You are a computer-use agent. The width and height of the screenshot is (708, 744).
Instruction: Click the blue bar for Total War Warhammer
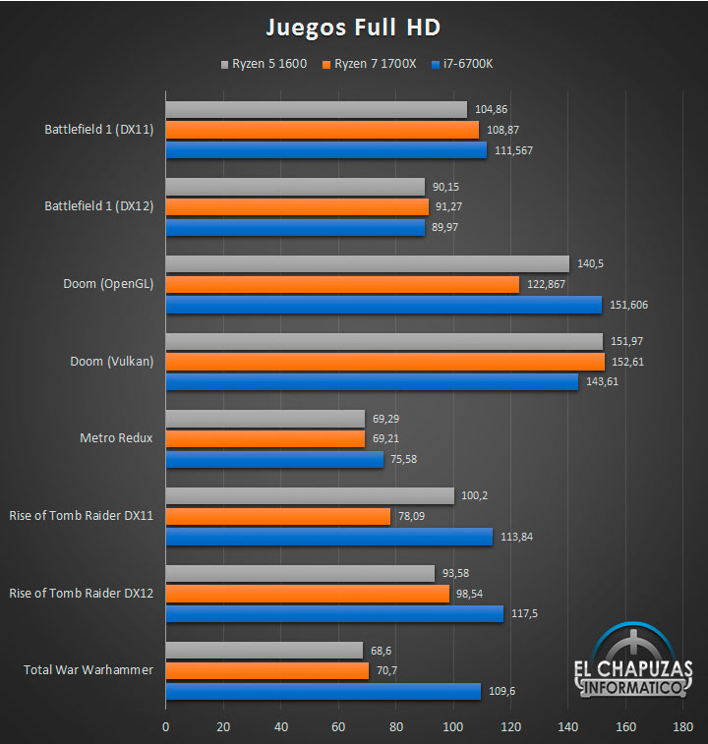click(x=323, y=691)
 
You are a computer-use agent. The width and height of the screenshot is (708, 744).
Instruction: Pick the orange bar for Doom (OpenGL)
click(x=342, y=284)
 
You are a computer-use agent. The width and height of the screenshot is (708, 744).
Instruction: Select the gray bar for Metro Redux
click(x=265, y=418)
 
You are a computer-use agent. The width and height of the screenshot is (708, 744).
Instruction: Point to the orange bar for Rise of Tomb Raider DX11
click(x=277, y=516)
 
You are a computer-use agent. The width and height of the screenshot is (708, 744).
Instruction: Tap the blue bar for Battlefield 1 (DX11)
click(x=325, y=150)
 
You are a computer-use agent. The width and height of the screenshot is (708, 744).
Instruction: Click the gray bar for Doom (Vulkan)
click(x=383, y=341)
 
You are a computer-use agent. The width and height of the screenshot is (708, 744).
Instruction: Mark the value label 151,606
click(x=628, y=305)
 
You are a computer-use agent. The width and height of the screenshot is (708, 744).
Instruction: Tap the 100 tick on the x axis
click(x=453, y=727)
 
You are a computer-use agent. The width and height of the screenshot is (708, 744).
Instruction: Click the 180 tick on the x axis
click(x=683, y=727)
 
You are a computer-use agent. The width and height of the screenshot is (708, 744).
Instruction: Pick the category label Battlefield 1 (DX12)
click(x=98, y=206)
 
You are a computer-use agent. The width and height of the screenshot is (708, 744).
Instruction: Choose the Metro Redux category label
click(x=116, y=437)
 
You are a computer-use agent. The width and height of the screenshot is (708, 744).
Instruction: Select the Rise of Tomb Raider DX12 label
click(x=81, y=593)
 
